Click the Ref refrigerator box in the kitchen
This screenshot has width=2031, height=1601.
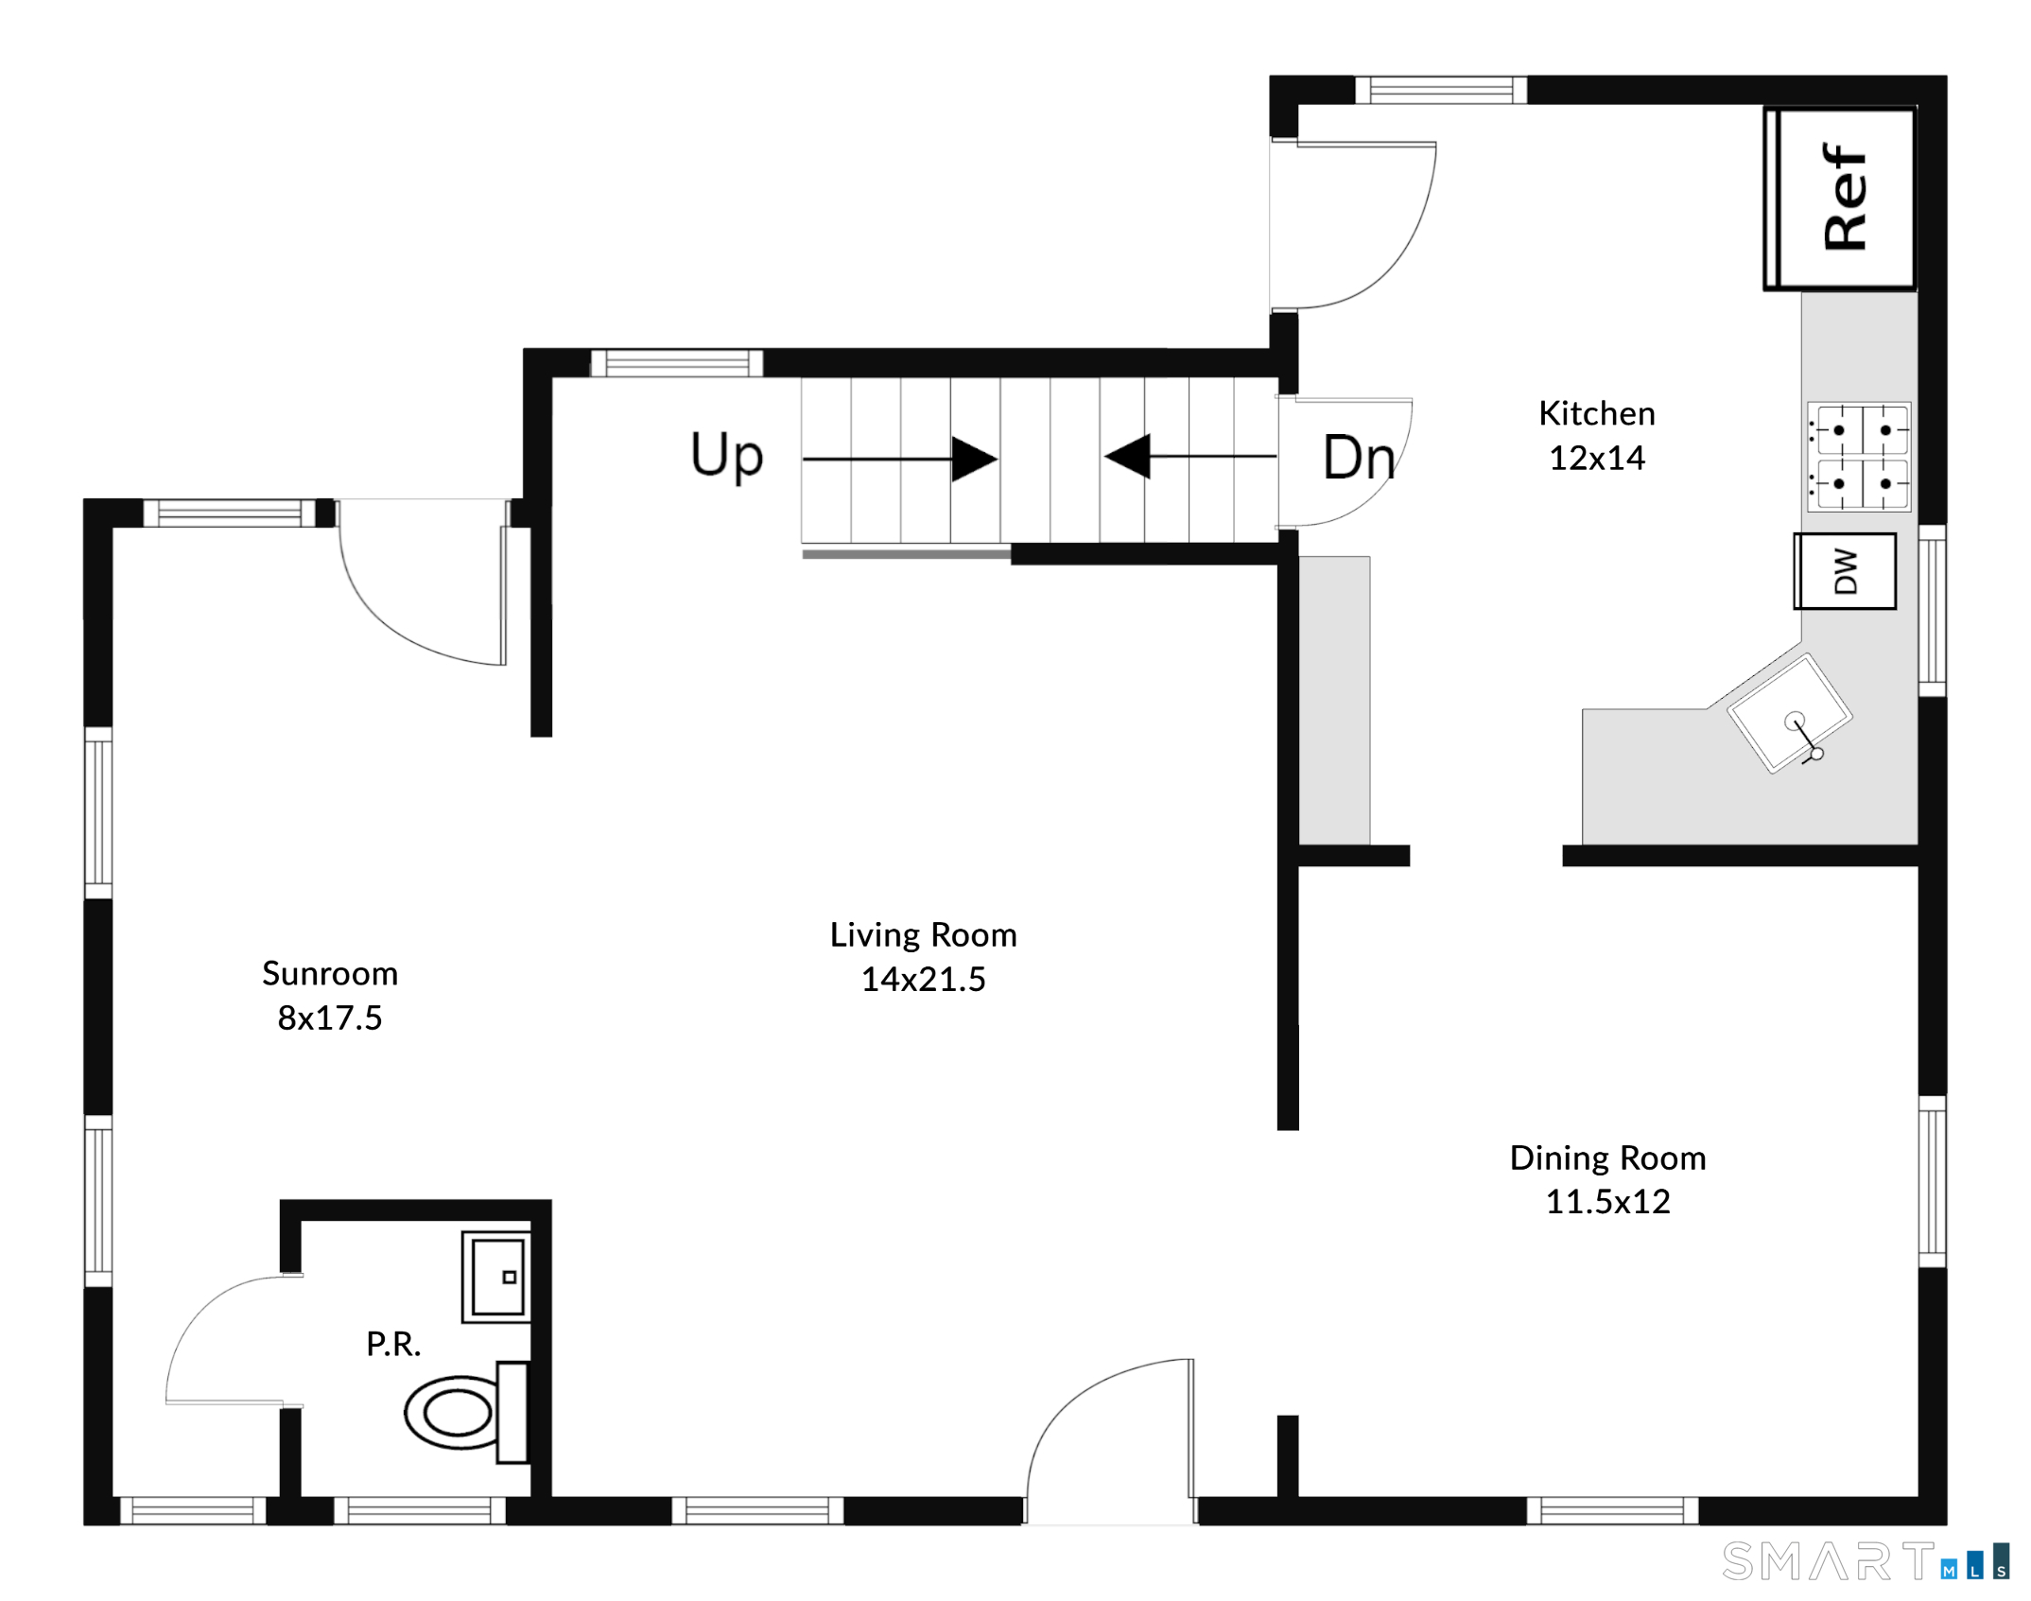tap(1840, 199)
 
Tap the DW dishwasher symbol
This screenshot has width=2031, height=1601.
tap(1845, 571)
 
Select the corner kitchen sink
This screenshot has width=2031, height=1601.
tap(1789, 713)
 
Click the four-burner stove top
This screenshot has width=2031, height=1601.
tap(1859, 457)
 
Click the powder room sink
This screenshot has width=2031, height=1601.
tap(496, 1277)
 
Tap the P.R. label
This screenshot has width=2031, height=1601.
tap(393, 1344)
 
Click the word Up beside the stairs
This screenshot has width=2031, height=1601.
tap(726, 456)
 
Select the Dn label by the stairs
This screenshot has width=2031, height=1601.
tap(1359, 458)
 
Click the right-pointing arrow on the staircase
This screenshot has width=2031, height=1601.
tap(900, 459)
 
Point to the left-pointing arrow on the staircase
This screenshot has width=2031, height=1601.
tap(1190, 456)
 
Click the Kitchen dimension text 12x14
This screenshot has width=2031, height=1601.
tap(1597, 459)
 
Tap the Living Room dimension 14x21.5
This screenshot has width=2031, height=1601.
tap(923, 979)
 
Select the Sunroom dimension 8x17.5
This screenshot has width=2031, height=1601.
tap(330, 1018)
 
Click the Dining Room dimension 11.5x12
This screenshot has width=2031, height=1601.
tap(1607, 1202)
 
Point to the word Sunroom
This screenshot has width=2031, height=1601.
tap(330, 973)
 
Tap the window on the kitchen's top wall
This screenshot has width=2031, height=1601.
tap(1441, 90)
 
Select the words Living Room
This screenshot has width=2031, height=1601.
tap(923, 935)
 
